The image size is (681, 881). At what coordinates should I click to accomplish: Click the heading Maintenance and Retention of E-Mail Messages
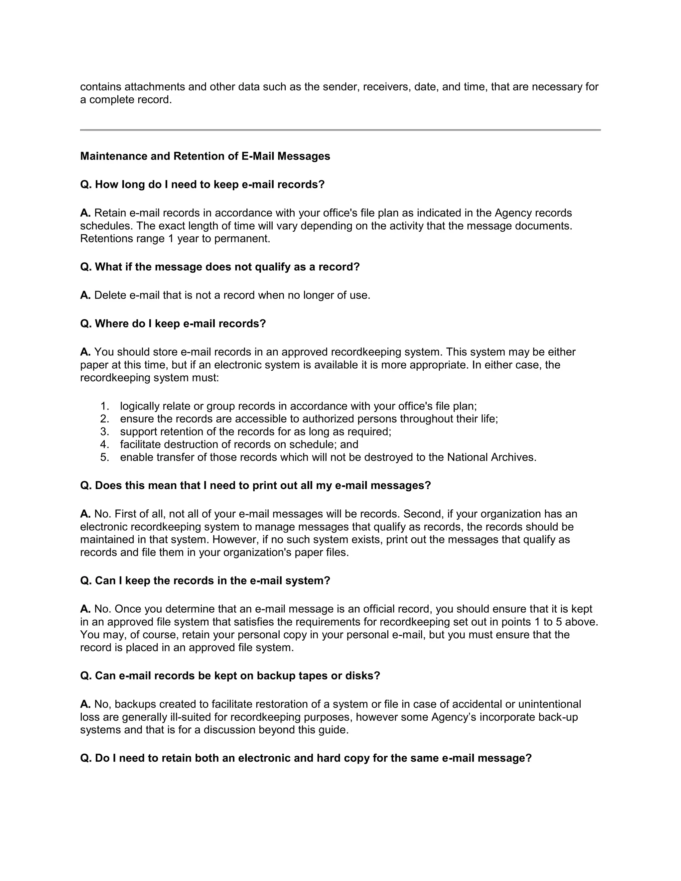coord(205,156)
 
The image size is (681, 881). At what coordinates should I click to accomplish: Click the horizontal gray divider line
coord(340,130)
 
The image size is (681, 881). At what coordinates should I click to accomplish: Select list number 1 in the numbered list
coord(104,406)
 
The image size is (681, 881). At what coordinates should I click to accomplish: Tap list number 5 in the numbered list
coord(104,457)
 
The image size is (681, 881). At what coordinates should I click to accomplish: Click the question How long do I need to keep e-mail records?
coord(203,185)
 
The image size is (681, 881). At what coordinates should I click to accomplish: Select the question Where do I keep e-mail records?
coord(173,323)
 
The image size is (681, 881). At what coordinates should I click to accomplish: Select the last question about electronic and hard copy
coord(306,758)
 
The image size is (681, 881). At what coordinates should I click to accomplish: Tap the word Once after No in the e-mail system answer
coord(128,609)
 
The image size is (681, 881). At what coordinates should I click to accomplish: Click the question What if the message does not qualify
coord(220,267)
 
